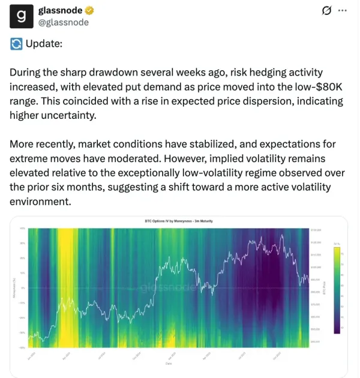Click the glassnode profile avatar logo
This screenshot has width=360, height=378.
pos(22,16)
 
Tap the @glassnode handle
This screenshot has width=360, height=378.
pos(63,22)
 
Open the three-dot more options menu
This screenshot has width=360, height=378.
pos(343,11)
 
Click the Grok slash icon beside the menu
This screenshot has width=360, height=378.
pos(327,11)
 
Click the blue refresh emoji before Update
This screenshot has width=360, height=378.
pos(16,44)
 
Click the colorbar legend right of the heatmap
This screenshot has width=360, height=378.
pos(337,288)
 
